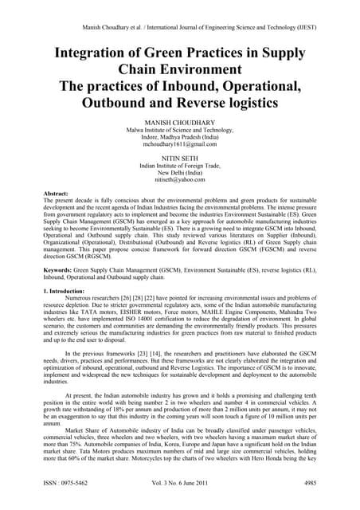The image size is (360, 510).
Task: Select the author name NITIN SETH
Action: coord(179,159)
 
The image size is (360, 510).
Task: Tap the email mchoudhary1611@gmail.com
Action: coord(179,144)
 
